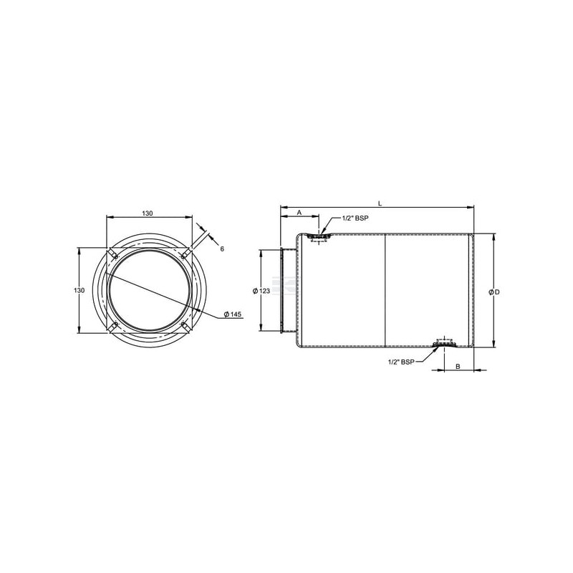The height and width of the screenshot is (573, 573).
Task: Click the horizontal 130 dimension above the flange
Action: (148, 213)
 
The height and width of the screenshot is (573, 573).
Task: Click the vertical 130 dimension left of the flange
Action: (80, 290)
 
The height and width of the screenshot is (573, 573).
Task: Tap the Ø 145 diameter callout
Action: (233, 314)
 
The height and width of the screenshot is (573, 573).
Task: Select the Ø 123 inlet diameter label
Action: (261, 291)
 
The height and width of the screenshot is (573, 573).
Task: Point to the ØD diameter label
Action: (494, 292)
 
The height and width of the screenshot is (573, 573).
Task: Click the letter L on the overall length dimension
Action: (380, 203)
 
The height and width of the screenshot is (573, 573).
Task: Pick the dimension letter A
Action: (299, 212)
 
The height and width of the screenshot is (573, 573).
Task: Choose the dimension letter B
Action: (458, 367)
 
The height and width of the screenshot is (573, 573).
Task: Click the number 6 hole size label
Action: (222, 249)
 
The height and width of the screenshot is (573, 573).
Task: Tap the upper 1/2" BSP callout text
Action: (355, 218)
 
